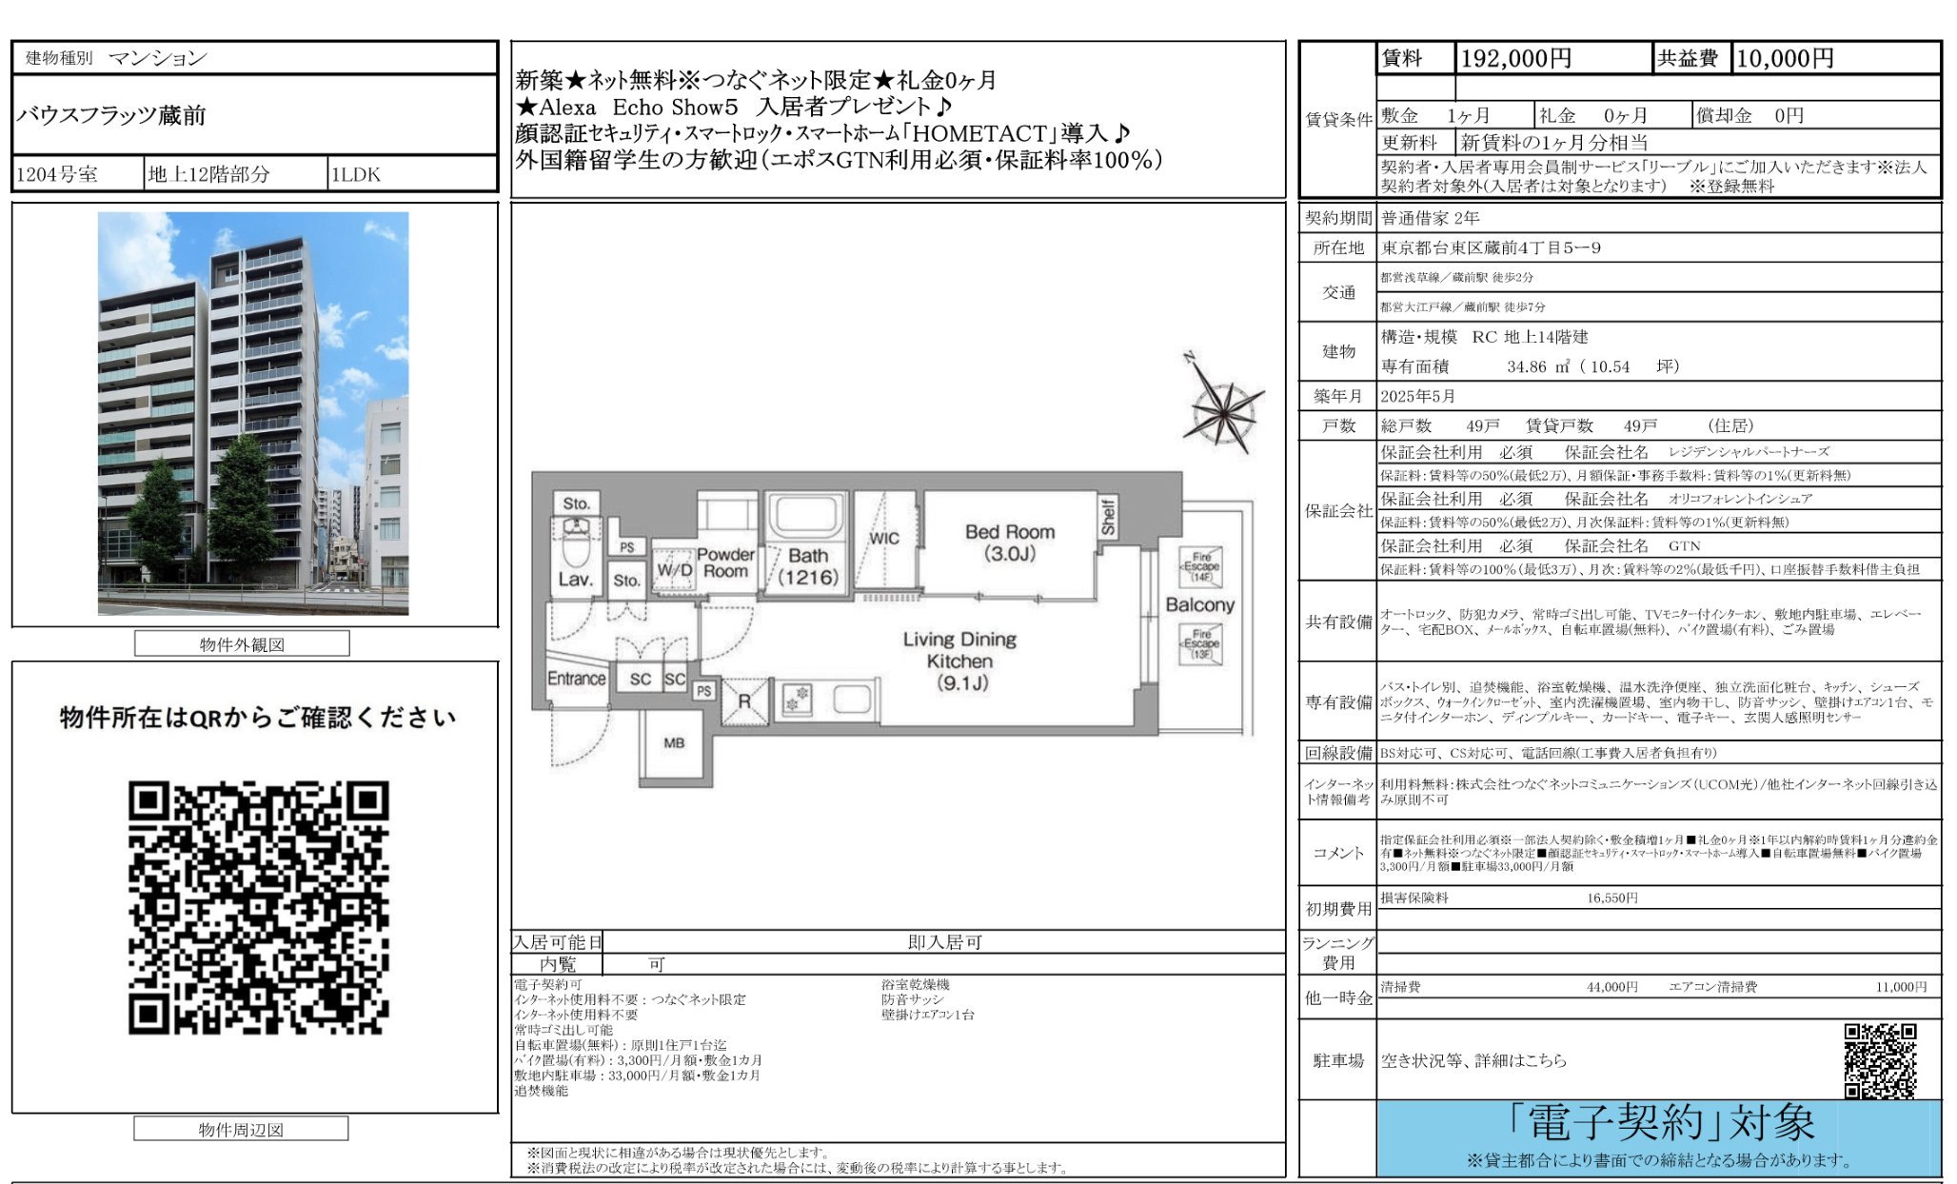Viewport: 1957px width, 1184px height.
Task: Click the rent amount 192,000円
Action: (x=1515, y=59)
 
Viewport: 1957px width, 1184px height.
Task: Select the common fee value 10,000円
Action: (x=1785, y=59)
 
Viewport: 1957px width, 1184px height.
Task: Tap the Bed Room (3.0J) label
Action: (x=1009, y=543)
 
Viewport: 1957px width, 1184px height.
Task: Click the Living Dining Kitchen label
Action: (x=959, y=661)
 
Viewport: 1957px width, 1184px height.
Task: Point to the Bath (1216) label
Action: (x=807, y=566)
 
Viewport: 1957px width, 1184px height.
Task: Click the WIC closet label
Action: (x=883, y=538)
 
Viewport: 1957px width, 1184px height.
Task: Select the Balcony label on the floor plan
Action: (x=1199, y=604)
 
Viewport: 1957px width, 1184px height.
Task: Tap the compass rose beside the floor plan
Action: (x=1224, y=407)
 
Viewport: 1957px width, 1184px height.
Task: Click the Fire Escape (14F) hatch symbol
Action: (x=1201, y=567)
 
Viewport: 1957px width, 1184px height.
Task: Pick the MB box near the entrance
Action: (x=674, y=743)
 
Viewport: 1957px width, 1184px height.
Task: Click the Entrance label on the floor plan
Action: (x=576, y=679)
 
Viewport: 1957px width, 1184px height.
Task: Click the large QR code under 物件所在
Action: (x=259, y=907)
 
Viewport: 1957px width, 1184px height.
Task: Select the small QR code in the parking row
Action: (x=1880, y=1060)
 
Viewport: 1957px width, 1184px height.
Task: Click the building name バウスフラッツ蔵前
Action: (x=111, y=115)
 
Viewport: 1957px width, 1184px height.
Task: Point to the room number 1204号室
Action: (x=57, y=175)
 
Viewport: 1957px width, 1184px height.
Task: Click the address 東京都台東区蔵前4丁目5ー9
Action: (x=1491, y=247)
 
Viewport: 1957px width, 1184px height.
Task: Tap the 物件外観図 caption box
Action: (x=242, y=644)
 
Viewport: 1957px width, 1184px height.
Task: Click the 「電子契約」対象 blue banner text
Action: (x=1660, y=1123)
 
